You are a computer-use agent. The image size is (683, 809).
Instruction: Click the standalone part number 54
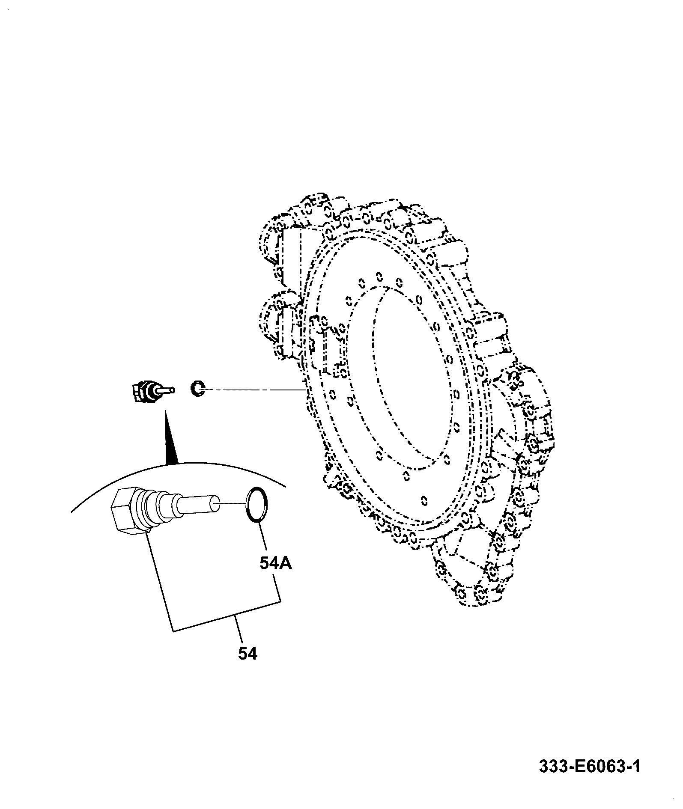coord(248,665)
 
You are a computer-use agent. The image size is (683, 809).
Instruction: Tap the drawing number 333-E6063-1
coord(590,766)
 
